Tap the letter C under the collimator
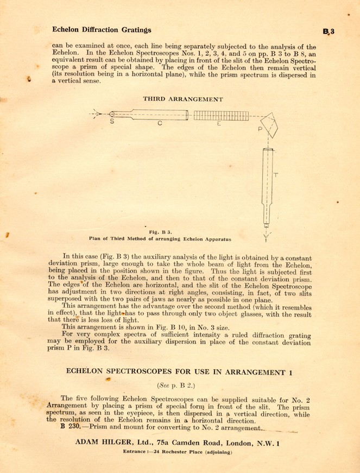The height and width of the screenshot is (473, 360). coord(160,124)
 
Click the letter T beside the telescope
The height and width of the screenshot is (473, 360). coord(276,175)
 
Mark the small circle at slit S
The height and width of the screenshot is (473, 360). coord(112,115)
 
